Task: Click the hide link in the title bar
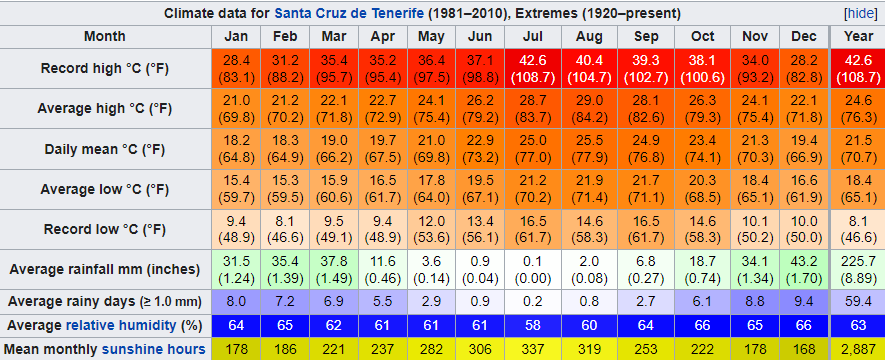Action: point(863,13)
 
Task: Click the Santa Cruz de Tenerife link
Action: point(349,13)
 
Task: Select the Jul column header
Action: point(533,37)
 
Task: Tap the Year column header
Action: point(858,37)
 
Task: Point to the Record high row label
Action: point(105,68)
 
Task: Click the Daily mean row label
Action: point(105,149)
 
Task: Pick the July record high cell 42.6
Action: point(533,68)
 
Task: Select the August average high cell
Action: point(589,108)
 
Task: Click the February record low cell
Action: point(285,230)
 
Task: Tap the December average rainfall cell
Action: point(804,270)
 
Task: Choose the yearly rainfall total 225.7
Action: point(858,270)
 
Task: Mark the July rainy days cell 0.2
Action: point(533,302)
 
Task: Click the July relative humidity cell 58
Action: point(533,326)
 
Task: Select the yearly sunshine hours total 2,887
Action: point(858,349)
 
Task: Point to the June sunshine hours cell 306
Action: point(480,349)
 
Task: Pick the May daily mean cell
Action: point(431,149)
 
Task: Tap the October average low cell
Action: point(703,189)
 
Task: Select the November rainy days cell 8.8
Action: point(755,302)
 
